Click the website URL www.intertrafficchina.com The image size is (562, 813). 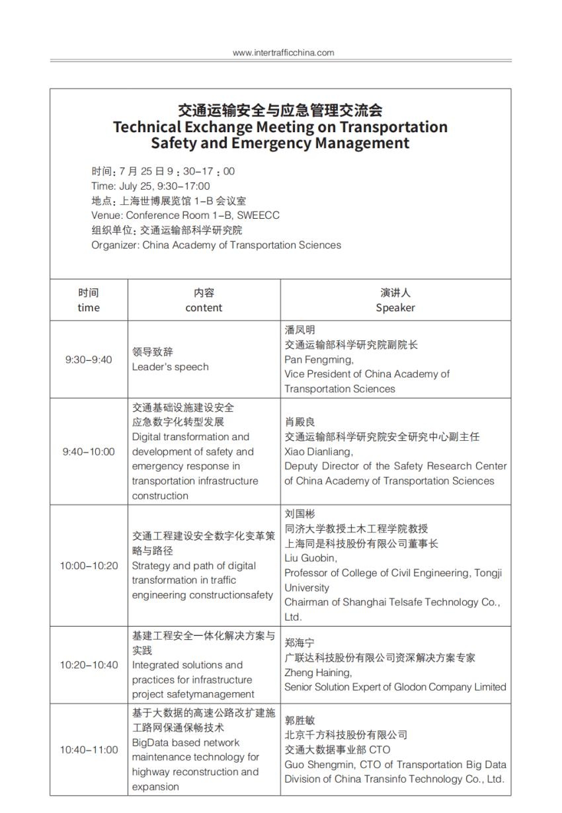coord(283,53)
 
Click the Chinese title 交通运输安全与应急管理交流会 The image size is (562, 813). coord(280,110)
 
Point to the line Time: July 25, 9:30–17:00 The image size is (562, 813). coord(151,186)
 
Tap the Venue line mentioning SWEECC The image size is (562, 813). coord(185,215)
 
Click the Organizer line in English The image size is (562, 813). coord(216,245)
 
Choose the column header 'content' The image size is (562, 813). coord(204,307)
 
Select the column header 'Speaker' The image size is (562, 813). coord(395,307)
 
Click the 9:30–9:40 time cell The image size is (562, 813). coord(89,360)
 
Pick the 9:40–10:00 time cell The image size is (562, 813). coord(89,451)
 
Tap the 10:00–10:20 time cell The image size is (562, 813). coord(89,565)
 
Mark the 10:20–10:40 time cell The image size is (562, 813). coord(89,665)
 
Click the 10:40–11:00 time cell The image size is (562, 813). coord(89,750)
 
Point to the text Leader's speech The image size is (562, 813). coord(170,367)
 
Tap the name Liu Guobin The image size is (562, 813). coord(310,558)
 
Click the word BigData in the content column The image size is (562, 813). coord(151,742)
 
